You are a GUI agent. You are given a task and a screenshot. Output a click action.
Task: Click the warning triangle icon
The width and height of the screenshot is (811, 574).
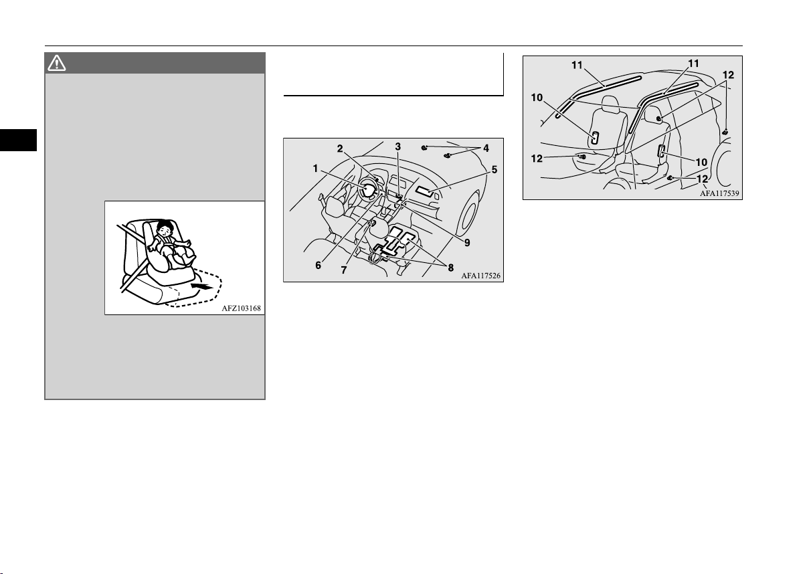click(x=56, y=63)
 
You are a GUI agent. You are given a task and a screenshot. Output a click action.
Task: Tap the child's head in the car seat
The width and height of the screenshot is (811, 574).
click(x=165, y=228)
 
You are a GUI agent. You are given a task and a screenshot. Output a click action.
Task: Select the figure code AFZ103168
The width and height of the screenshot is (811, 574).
click(x=241, y=308)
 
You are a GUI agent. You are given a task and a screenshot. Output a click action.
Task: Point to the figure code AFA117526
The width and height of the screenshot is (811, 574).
click(x=480, y=276)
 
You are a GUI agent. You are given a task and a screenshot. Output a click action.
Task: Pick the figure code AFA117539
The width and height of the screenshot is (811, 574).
click(x=719, y=193)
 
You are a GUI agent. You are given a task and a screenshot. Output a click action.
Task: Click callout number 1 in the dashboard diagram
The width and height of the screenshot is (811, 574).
click(x=315, y=169)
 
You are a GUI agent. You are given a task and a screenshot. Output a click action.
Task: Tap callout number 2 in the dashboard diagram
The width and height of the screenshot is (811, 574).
click(x=340, y=149)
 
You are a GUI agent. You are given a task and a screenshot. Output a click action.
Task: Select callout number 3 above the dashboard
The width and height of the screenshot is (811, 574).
click(x=398, y=147)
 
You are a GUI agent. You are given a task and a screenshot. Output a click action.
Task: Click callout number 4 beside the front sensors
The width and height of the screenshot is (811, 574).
click(x=486, y=148)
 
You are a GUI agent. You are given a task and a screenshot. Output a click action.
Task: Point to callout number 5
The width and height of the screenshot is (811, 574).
click(x=494, y=169)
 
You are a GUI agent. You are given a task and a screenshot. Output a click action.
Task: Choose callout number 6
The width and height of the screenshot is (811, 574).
click(x=318, y=266)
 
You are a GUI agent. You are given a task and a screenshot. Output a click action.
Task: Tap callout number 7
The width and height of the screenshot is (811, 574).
click(x=343, y=270)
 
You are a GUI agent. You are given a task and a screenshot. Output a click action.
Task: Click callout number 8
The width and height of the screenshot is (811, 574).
click(x=451, y=268)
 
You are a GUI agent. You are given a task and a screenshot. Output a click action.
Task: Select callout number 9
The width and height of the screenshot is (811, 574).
click(x=467, y=243)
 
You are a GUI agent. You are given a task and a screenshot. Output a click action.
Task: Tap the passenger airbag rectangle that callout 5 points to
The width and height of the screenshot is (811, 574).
click(x=424, y=191)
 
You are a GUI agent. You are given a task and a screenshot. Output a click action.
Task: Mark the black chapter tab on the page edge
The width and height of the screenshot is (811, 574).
click(x=18, y=140)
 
